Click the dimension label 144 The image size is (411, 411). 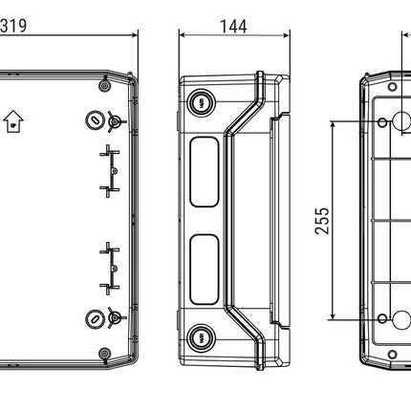pos(233,27)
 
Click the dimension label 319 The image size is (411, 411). pos(13,26)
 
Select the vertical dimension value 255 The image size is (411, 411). pos(322,221)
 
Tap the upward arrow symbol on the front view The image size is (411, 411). pos(13,121)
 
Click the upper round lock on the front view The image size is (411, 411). pos(95,120)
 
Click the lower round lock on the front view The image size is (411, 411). pos(95,318)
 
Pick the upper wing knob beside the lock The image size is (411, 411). pos(116,121)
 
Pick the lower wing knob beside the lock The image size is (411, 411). pos(116,317)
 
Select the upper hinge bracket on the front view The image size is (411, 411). pos(110,171)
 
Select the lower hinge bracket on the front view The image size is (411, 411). pos(110,269)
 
